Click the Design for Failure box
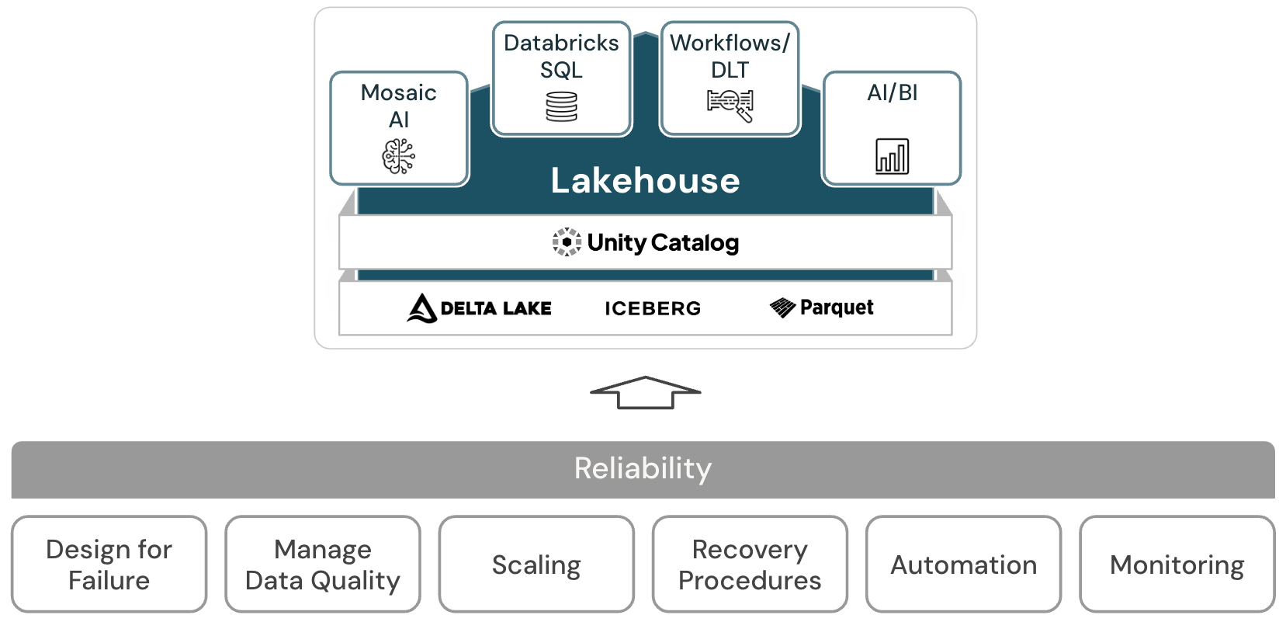[x=109, y=565]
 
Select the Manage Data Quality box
[x=323, y=565]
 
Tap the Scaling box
[x=536, y=565]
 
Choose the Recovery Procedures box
[x=750, y=565]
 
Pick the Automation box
[x=963, y=565]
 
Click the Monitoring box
[x=1177, y=565]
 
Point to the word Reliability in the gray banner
[x=643, y=468]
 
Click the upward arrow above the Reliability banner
[x=645, y=392]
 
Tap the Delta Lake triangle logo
[x=421, y=308]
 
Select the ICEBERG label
[x=653, y=309]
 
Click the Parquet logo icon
[x=782, y=308]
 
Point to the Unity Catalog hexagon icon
[x=567, y=242]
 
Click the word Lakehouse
[x=645, y=181]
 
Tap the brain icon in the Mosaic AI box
[x=398, y=156]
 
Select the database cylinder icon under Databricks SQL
[x=561, y=106]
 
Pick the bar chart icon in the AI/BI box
[x=892, y=156]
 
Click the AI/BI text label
[x=892, y=93]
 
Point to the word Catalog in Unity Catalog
[x=695, y=243]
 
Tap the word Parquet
[x=837, y=308]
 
